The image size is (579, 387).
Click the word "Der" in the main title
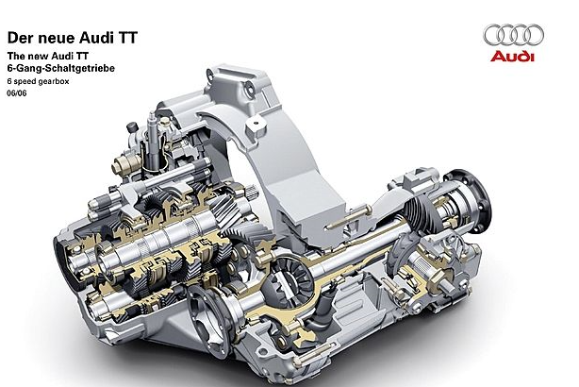[x=18, y=38]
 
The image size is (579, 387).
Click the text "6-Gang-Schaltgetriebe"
[x=61, y=68]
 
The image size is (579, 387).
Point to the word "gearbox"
[x=55, y=81]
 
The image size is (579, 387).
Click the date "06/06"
[x=17, y=93]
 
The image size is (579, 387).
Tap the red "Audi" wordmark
[x=512, y=57]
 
